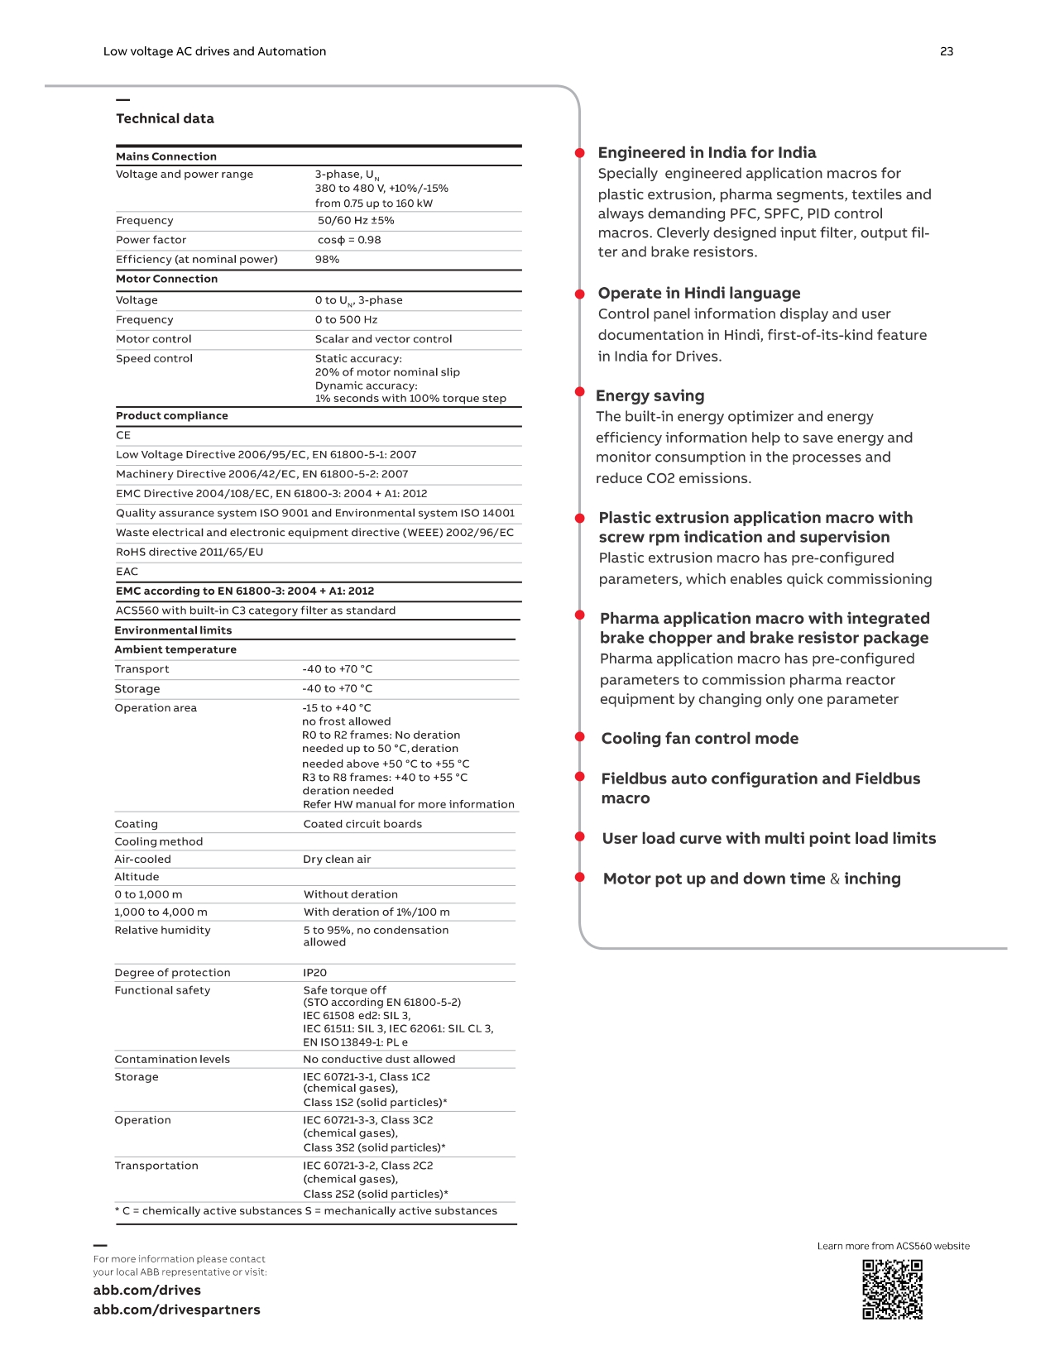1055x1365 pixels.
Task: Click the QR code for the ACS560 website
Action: click(x=892, y=1289)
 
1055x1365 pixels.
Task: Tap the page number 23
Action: click(x=947, y=51)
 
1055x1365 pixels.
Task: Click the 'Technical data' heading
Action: click(x=165, y=118)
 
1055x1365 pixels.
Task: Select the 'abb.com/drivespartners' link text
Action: click(x=176, y=1310)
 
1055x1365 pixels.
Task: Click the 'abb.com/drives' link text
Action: click(x=146, y=1290)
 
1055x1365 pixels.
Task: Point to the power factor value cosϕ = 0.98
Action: click(x=349, y=240)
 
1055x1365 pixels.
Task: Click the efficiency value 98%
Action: click(x=327, y=260)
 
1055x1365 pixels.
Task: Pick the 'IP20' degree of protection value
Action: click(x=314, y=973)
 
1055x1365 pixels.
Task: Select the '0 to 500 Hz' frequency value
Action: click(x=346, y=320)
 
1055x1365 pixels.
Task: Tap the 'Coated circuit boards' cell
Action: click(x=362, y=824)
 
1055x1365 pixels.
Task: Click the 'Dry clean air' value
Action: click(x=337, y=860)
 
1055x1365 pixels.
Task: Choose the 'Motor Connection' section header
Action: click(x=166, y=280)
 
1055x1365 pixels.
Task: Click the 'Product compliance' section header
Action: click(x=171, y=416)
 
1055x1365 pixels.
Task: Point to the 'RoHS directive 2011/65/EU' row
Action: click(x=189, y=553)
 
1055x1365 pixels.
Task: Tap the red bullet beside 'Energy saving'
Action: click(x=580, y=392)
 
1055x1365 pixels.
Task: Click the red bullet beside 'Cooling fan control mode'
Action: click(x=580, y=736)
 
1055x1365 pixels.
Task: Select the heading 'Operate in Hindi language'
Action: click(x=698, y=293)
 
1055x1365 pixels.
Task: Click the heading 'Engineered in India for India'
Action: click(x=707, y=152)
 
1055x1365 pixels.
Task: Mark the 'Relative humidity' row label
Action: click(x=162, y=931)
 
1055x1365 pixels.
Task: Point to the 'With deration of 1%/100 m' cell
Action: click(x=376, y=912)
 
